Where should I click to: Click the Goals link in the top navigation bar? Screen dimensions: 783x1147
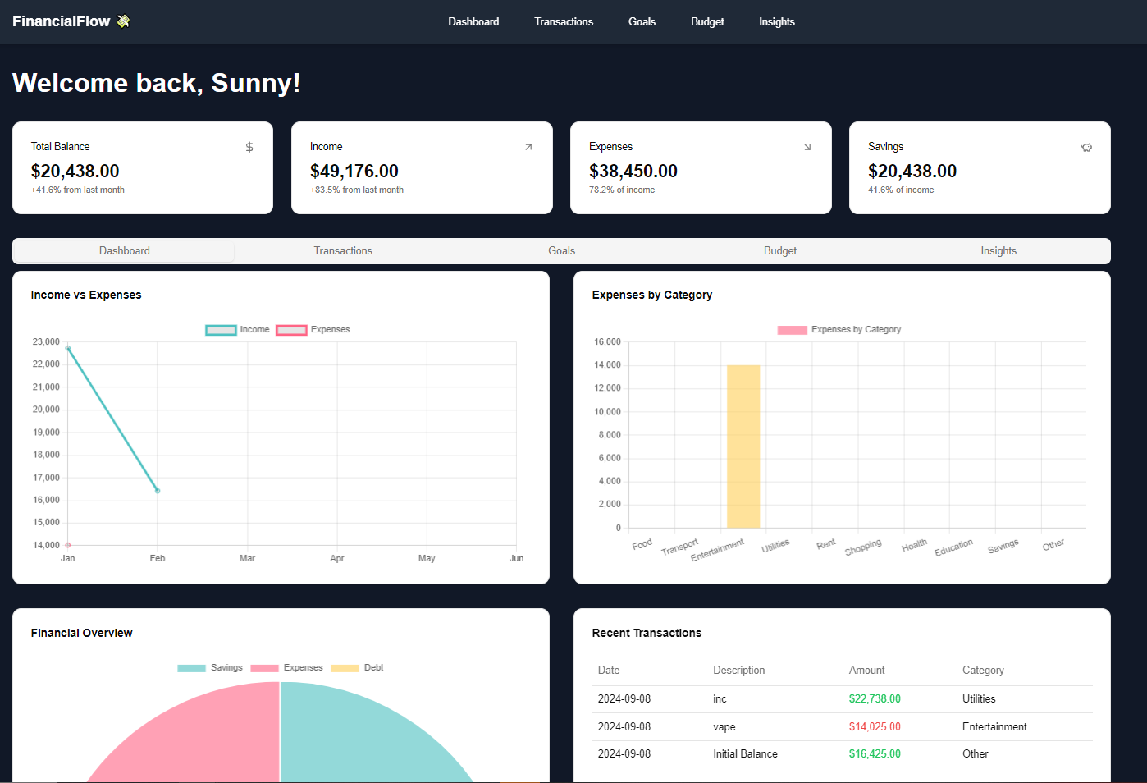point(642,22)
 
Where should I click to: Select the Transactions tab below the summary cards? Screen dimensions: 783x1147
point(343,251)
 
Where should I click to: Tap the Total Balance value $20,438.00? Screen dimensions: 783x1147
point(75,172)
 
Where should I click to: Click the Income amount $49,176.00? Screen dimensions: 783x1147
point(354,172)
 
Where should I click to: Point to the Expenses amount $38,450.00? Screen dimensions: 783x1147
point(633,172)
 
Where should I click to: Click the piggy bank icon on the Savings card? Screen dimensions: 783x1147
point(1086,148)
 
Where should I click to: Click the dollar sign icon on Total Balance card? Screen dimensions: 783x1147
point(249,148)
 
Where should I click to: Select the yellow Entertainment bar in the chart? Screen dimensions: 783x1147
point(743,446)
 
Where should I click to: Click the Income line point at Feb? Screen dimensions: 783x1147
point(158,491)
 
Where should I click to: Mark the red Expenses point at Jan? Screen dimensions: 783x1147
point(68,545)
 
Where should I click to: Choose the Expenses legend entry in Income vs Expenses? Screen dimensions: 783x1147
point(313,330)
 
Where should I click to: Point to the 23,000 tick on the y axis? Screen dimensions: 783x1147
point(46,342)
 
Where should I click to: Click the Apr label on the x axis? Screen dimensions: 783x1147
point(337,559)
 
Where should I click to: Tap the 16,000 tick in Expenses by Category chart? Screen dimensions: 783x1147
point(607,342)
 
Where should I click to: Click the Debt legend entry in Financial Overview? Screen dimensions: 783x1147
point(358,668)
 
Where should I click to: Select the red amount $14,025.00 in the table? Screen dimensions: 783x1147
point(875,727)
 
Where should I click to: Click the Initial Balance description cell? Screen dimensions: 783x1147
point(745,754)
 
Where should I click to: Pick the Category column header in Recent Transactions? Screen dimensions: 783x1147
point(983,671)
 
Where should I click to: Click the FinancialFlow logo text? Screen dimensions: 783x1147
point(62,21)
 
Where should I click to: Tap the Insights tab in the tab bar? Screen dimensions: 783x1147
point(998,251)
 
